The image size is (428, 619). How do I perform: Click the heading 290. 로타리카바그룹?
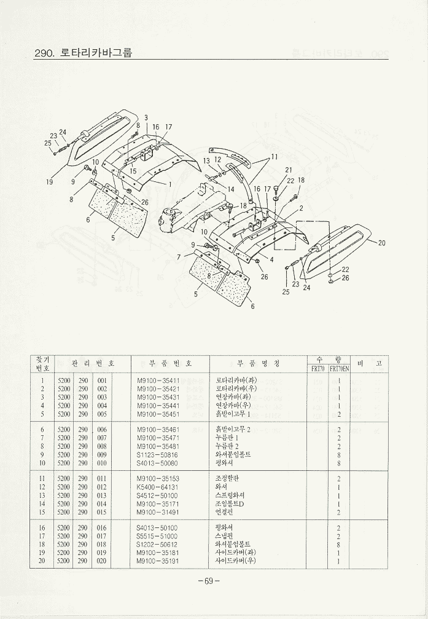tap(84, 53)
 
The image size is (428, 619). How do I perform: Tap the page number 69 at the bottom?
tap(209, 582)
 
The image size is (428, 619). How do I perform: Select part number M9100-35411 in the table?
tap(158, 380)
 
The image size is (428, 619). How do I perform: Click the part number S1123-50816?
tap(158, 454)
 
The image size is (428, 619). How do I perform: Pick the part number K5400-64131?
tap(158, 487)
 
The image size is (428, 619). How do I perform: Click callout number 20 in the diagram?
tap(381, 243)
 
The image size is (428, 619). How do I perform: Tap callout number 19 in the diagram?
tap(49, 182)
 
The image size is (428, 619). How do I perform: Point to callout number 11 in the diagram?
tap(274, 156)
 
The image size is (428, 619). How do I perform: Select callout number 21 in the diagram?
tap(289, 170)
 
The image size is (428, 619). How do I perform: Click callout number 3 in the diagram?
tap(146, 117)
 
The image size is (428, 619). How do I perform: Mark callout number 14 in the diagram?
tap(231, 189)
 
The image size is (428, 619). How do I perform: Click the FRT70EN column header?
tap(339, 369)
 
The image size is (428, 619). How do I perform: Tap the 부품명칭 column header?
tap(258, 364)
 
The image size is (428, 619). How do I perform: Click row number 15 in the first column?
tap(42, 512)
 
